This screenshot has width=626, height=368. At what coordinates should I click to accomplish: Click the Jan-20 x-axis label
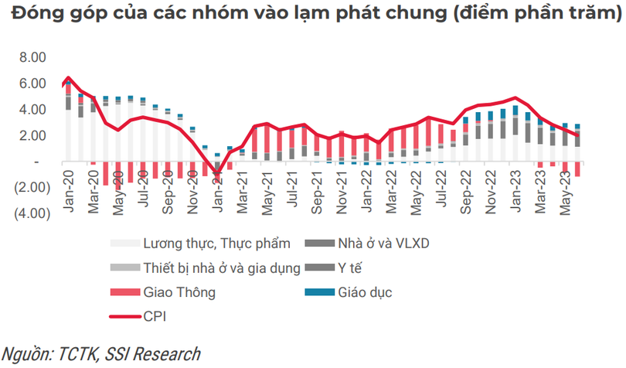67,189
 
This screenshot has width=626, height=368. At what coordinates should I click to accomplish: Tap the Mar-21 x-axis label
241,189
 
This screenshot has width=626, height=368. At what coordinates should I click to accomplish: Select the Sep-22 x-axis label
466,189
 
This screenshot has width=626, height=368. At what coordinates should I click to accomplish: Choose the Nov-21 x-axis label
342,189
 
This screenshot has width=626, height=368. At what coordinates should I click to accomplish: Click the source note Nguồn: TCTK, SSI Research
100,353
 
